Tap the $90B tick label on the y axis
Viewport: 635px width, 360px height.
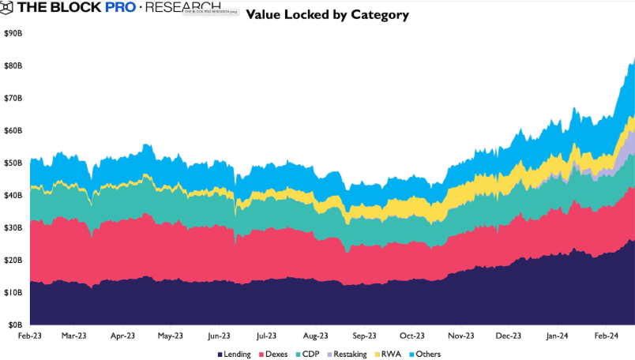tap(13, 33)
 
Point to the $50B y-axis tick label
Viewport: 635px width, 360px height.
tap(13, 163)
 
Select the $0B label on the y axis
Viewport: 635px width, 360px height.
tap(15, 324)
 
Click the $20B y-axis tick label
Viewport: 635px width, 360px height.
tap(13, 260)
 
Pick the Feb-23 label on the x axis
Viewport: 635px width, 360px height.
tap(30, 335)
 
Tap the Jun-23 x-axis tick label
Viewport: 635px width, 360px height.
tap(220, 335)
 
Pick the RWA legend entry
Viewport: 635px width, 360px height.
tap(388, 354)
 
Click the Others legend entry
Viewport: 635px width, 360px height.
tap(425, 354)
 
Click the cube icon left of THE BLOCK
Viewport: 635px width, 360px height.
tap(7, 9)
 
